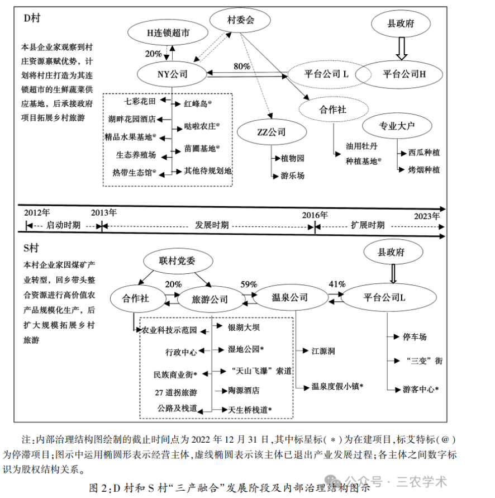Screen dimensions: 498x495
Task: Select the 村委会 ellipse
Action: (241, 21)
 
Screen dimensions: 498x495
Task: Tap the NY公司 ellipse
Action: (173, 73)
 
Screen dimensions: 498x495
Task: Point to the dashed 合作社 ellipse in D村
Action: (332, 110)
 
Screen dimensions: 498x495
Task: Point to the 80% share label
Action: (242, 66)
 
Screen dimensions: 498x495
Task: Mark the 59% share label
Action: (249, 283)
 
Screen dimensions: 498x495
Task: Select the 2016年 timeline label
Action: (315, 215)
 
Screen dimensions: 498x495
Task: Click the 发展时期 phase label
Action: (211, 225)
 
